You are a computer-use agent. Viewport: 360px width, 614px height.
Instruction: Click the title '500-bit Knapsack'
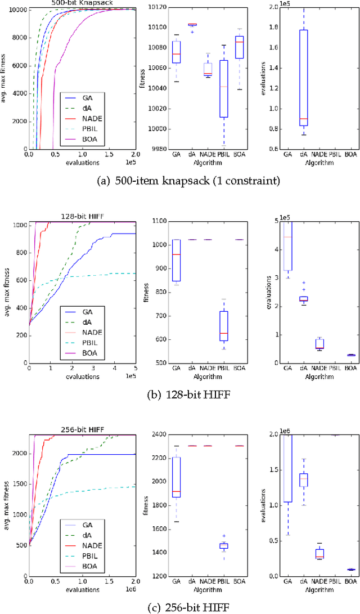(x=82, y=3)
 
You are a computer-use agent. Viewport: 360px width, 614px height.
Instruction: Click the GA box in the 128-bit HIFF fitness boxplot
(x=177, y=260)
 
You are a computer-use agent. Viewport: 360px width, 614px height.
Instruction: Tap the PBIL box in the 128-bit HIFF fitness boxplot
(x=224, y=325)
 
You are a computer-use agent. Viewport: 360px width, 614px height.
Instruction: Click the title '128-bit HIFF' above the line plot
(x=82, y=217)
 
